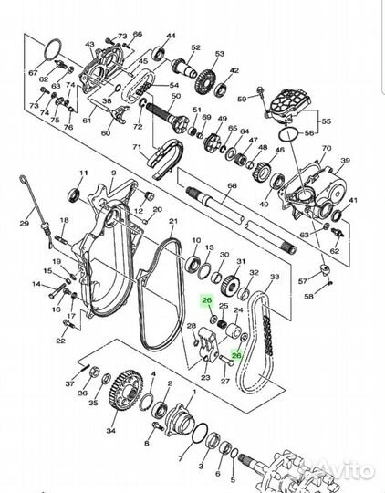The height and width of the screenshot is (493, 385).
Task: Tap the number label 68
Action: click(232, 186)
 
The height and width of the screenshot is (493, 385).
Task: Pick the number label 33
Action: click(276, 275)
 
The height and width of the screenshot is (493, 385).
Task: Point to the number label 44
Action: click(170, 36)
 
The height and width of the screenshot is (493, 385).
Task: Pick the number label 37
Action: click(70, 384)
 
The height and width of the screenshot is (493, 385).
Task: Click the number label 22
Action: click(60, 341)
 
